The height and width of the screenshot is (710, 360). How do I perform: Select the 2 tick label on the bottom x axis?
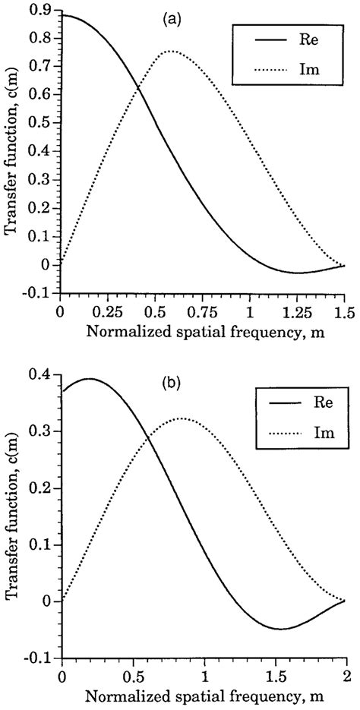[346, 674]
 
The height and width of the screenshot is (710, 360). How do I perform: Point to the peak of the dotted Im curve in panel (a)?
[171, 52]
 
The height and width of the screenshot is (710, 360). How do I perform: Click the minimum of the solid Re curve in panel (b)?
[280, 629]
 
